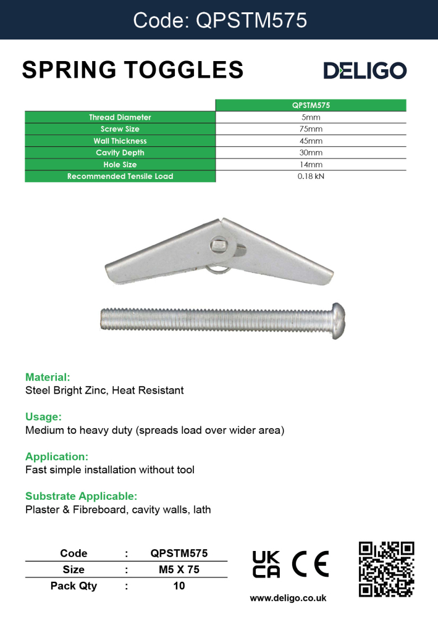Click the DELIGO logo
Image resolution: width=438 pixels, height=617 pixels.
[365, 71]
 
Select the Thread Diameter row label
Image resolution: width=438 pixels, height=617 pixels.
[120, 117]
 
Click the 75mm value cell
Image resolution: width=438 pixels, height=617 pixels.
[310, 129]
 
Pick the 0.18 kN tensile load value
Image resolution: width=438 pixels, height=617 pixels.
[310, 176]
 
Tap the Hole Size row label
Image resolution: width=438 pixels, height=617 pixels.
[120, 165]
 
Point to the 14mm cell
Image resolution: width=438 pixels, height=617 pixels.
[310, 165]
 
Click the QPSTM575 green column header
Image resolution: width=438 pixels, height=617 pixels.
[310, 106]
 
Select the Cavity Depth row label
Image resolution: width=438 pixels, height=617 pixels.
[120, 153]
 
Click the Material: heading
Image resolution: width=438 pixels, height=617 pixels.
[48, 377]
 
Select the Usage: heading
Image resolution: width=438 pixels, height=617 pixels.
[43, 416]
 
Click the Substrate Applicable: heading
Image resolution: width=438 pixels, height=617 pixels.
[81, 496]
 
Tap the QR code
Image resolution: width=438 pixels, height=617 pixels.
[386, 569]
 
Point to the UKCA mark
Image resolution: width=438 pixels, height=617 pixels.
[266, 563]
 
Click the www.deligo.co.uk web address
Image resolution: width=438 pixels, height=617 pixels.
[288, 598]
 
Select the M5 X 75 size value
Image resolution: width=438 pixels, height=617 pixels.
[179, 569]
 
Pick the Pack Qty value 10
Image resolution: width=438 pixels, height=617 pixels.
[179, 586]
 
